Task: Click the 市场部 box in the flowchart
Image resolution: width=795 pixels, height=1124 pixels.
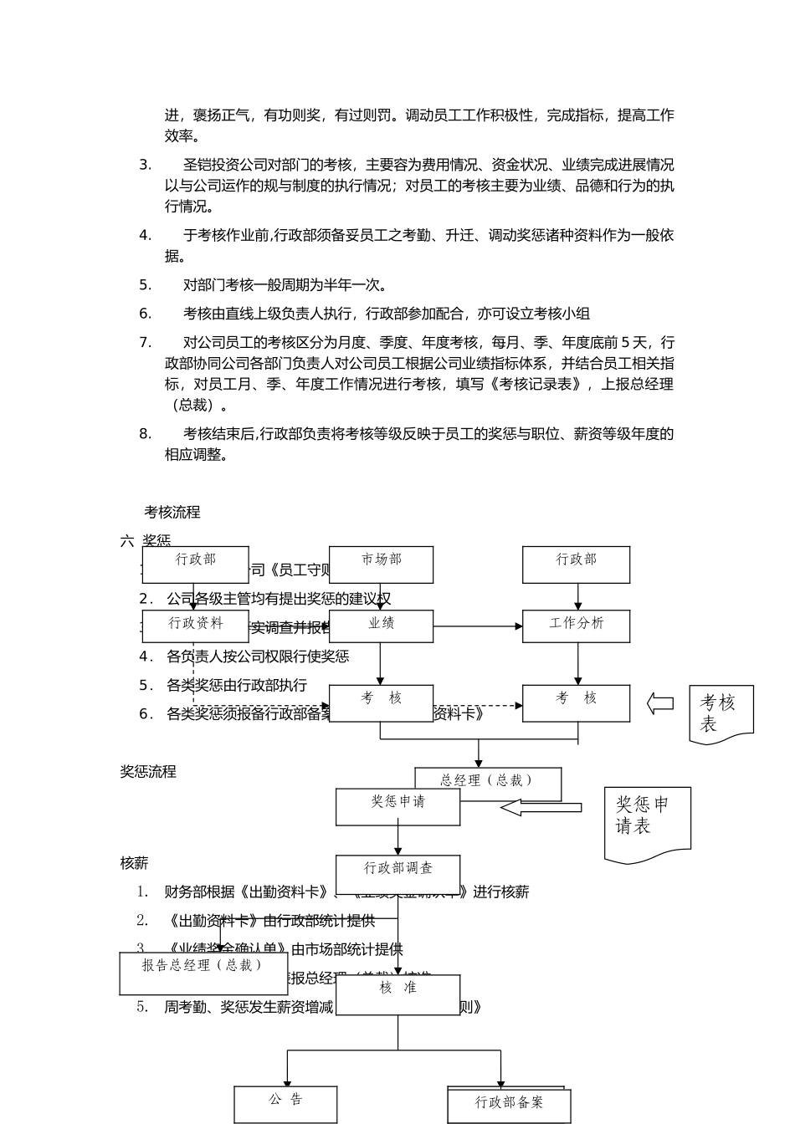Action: pos(381,565)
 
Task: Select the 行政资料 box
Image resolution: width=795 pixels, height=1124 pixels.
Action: pos(196,626)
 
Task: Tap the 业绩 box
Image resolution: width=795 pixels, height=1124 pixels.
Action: pos(381,626)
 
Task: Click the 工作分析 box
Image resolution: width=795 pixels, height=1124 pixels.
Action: pos(576,626)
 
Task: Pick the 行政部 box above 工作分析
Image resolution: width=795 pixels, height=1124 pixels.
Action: pos(576,565)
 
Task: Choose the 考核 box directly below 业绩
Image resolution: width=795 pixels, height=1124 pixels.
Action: pos(381,702)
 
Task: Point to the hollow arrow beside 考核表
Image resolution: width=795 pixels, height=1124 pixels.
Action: pos(660,703)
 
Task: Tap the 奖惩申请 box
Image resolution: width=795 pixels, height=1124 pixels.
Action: pos(397,806)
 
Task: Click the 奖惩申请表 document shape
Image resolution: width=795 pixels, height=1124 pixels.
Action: pos(647,823)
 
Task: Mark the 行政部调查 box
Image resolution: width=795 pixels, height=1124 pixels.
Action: pos(397,873)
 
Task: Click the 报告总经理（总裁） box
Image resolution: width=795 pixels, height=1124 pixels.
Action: pos(203,973)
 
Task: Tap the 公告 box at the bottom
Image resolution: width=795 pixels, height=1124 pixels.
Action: pos(285,1104)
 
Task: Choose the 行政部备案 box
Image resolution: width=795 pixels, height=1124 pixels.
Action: pos(509,1106)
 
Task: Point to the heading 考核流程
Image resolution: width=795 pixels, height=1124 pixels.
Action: pos(172,512)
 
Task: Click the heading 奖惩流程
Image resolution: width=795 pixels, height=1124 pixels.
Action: pos(148,771)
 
